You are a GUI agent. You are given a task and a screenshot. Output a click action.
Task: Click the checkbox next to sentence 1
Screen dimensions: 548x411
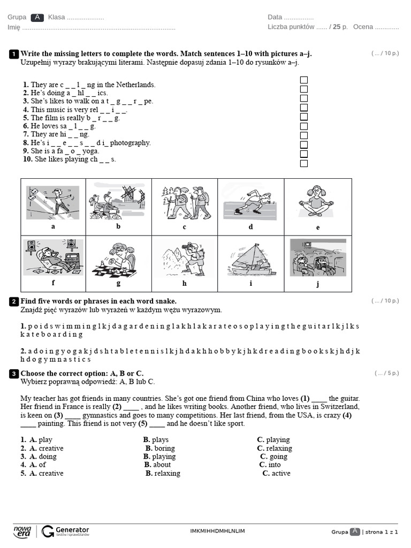pyautogui.click(x=304, y=80)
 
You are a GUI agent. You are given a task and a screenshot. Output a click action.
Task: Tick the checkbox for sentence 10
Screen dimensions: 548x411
pyautogui.click(x=304, y=163)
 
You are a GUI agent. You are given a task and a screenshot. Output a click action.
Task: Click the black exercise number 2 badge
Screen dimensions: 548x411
pyautogui.click(x=14, y=302)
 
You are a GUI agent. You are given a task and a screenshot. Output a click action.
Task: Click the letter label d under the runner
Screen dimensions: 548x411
pyautogui.click(x=250, y=226)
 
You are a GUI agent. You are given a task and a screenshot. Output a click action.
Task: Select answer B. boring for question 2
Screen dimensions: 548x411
pyautogui.click(x=160, y=448)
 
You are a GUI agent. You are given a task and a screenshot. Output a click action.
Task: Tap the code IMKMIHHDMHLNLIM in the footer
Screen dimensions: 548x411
pyautogui.click(x=217, y=531)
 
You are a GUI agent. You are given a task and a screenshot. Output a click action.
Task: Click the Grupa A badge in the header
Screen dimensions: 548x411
pyautogui.click(x=37, y=17)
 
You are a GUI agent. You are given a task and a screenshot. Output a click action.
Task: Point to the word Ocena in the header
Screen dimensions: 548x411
pyautogui.click(x=363, y=27)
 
